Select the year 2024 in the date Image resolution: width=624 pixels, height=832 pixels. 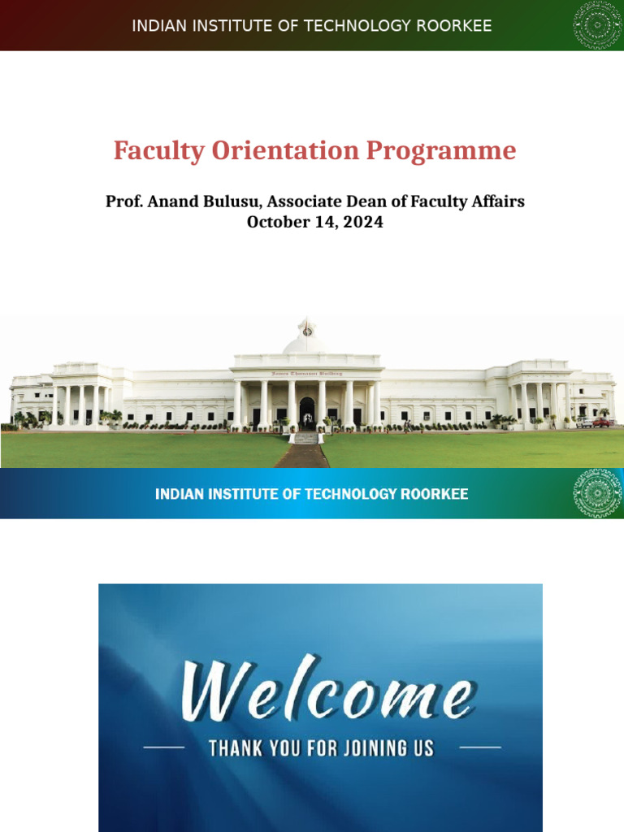click(362, 222)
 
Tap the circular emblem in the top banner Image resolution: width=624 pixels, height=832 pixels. click(598, 25)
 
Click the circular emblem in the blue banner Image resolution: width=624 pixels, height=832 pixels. click(598, 493)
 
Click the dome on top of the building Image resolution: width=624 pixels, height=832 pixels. click(306, 340)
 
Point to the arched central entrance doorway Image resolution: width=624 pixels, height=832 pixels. click(306, 412)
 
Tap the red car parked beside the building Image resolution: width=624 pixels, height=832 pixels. click(602, 422)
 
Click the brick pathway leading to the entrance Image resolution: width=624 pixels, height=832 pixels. click(302, 457)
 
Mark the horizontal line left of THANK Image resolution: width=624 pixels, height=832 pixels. click(164, 747)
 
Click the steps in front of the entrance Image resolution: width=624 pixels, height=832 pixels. click(305, 438)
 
